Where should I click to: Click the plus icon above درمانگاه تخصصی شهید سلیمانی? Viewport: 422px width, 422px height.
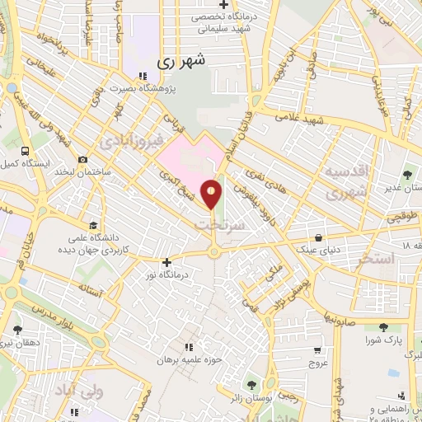(x=223, y=5)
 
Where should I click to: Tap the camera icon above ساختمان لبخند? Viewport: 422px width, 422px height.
(x=82, y=160)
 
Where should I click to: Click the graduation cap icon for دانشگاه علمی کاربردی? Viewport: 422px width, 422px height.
(x=93, y=225)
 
